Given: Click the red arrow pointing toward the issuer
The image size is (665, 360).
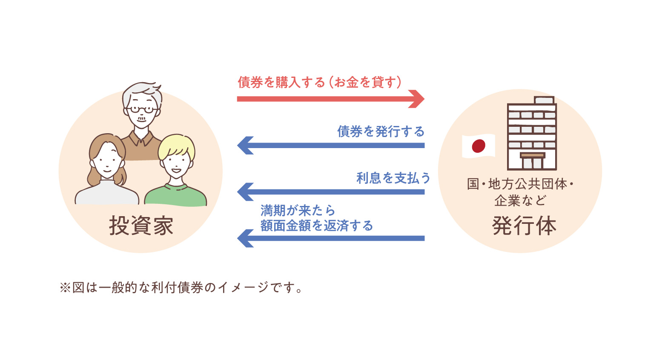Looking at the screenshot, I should (330, 99).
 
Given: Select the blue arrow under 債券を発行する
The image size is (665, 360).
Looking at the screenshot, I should (330, 146).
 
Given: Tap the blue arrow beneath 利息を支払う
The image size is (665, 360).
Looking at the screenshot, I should (330, 192).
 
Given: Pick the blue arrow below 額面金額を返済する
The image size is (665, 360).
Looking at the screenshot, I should (330, 238).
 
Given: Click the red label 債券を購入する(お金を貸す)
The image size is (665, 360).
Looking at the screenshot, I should (319, 82).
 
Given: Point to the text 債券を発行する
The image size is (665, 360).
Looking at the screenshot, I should (381, 131).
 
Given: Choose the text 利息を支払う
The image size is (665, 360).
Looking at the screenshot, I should (393, 178).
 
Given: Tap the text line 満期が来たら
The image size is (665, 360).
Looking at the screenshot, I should (298, 210).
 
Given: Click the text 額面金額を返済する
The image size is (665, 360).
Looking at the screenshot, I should (316, 226).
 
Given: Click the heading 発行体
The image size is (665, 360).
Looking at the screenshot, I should (524, 226).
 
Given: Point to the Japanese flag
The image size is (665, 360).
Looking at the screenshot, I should (479, 146).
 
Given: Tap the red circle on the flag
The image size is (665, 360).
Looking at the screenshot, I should (479, 146).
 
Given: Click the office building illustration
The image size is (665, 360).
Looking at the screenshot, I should (532, 133).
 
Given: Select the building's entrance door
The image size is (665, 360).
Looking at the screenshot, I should (532, 163).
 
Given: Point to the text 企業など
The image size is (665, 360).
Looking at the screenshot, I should (520, 200).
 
